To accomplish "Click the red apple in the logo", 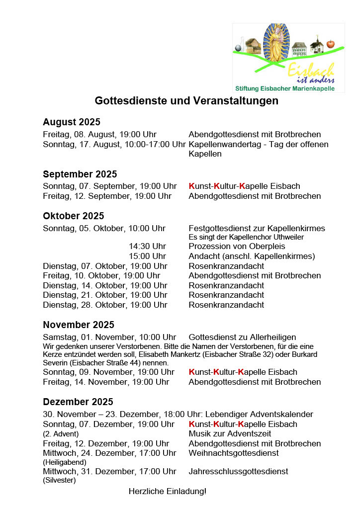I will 331,45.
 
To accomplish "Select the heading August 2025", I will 72,122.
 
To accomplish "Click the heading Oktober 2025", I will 74,216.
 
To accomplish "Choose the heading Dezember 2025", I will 78,402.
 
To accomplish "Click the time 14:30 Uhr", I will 147,246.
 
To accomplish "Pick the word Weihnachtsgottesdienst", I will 234,453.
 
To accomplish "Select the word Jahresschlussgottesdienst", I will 238,471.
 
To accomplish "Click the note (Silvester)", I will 59,480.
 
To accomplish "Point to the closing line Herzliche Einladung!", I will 167,491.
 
